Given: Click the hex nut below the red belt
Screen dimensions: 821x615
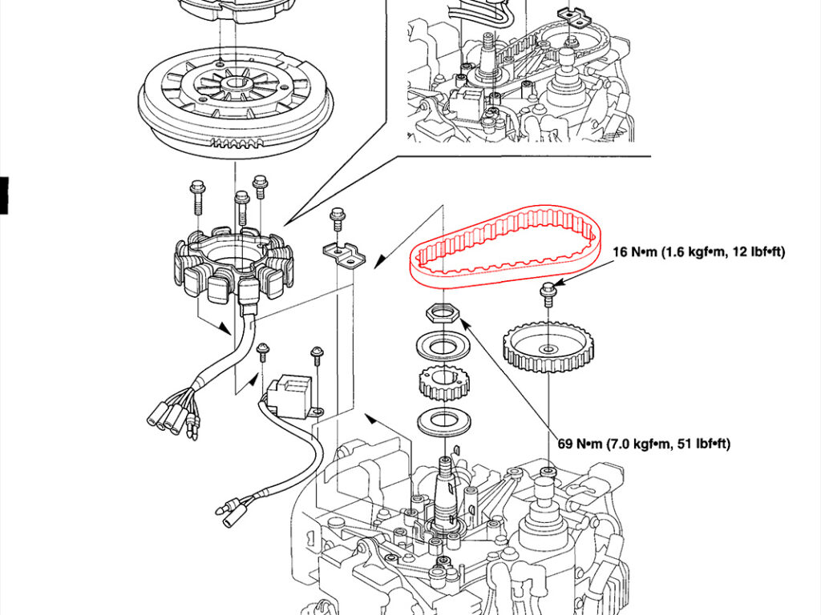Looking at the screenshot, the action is pos(443,313).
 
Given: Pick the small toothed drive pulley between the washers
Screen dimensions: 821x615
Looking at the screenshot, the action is pos(443,383).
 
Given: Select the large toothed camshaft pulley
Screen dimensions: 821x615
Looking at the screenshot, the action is pos(548,348).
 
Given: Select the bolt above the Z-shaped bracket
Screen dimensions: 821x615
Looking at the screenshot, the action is pos(337,219).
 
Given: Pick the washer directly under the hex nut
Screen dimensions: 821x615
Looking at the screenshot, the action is pos(443,346).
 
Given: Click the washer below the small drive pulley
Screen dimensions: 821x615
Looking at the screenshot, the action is pos(443,420).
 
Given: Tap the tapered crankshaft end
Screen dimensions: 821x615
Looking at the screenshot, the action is pos(446,492).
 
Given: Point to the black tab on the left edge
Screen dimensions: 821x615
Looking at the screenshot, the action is pos(4,195).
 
